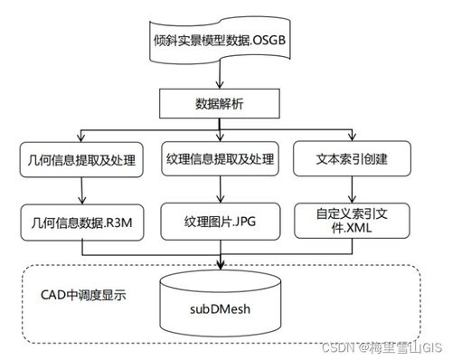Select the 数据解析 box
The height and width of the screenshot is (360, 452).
(x=224, y=103)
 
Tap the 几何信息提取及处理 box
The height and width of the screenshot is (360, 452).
(x=82, y=161)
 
